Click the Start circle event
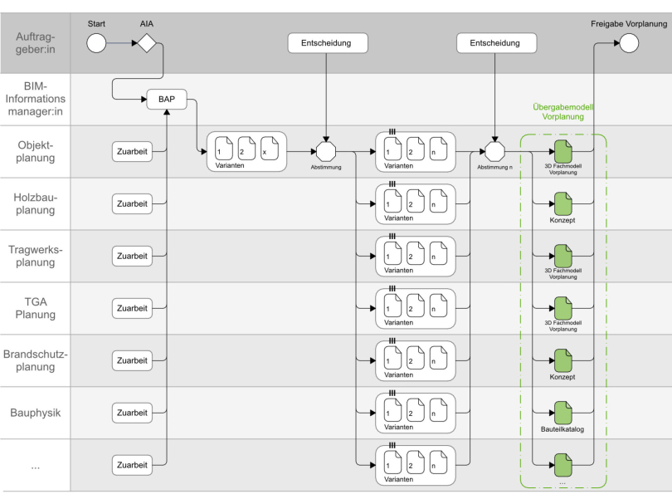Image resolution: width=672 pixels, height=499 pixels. click(96, 43)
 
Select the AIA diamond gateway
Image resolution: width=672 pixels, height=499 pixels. click(147, 43)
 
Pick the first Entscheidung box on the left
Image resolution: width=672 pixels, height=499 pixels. click(327, 43)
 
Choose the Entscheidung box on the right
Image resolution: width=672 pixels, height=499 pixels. click(495, 43)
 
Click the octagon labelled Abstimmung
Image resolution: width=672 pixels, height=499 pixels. click(327, 152)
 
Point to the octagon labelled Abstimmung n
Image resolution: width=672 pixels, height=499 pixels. click(495, 152)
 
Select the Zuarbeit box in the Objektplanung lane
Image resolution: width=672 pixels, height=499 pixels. click(133, 151)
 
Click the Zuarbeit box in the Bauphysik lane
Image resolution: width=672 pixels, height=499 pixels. click(133, 413)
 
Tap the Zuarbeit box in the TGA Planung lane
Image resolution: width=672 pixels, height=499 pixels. click(133, 308)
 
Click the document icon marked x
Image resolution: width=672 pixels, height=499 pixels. click(270, 150)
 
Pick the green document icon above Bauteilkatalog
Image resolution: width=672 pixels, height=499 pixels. click(563, 413)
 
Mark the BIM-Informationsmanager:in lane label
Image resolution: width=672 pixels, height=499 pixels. click(35, 99)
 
